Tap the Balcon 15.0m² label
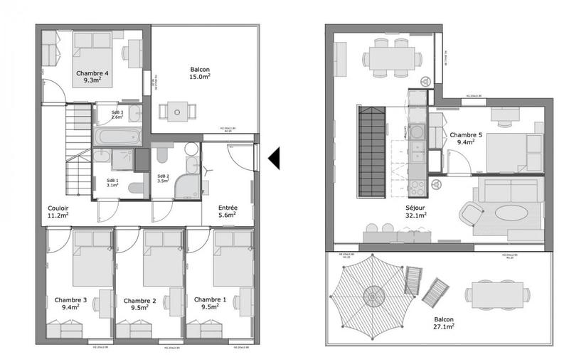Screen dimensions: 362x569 (200, 73)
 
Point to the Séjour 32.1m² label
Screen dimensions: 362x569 (416, 211)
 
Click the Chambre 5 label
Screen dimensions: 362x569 (466, 138)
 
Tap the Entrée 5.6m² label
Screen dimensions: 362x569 (228, 211)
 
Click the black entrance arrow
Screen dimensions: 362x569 (273, 156)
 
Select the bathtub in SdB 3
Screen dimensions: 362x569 (117, 136)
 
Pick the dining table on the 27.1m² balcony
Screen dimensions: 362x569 (497, 294)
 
